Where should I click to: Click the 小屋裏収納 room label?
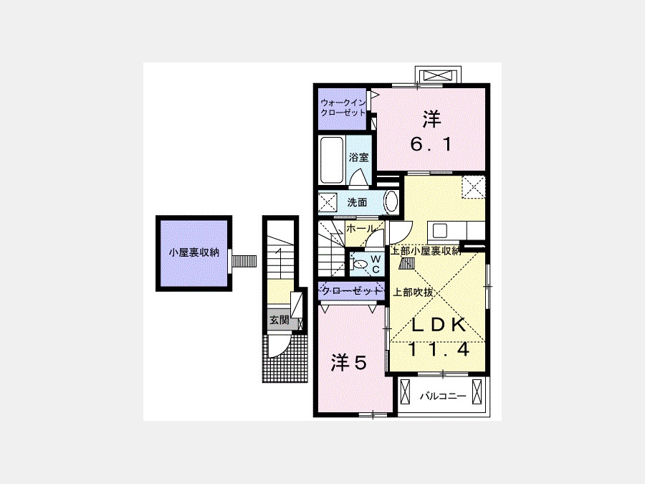[x=194, y=252]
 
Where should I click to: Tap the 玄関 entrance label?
[x=279, y=320]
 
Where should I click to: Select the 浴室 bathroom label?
[x=358, y=157]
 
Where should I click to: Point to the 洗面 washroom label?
[x=357, y=202]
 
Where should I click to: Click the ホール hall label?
[x=360, y=229]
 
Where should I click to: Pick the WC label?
[x=376, y=264]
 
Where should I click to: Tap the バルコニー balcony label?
[x=443, y=397]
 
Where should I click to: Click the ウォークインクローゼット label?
[x=343, y=108]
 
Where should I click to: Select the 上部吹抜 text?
[x=414, y=293]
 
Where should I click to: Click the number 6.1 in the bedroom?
[x=431, y=144]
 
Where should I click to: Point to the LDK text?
[x=439, y=325]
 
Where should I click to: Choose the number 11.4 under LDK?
[x=439, y=350]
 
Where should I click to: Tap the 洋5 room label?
[x=349, y=363]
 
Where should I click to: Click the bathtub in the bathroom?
[x=332, y=160]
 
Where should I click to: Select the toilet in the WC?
[x=359, y=264]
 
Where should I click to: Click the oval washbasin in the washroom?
[x=391, y=202]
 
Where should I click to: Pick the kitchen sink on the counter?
[x=440, y=232]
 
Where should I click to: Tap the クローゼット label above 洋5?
[x=350, y=291]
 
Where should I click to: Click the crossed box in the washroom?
[x=328, y=203]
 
